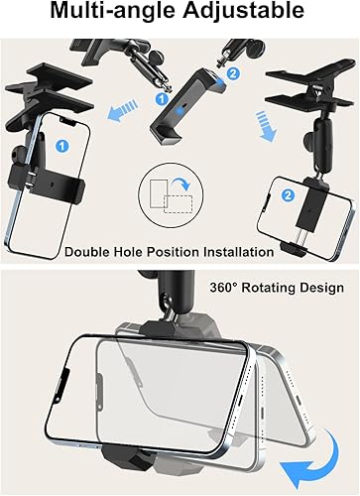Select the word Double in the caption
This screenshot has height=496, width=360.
91,252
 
